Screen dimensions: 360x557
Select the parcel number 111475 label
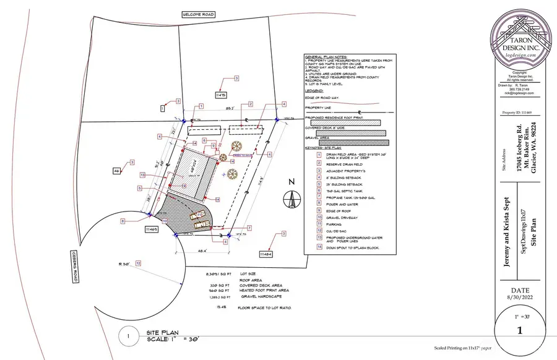pyautogui.click(x=221, y=95)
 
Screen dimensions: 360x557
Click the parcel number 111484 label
pyautogui.click(x=266, y=254)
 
